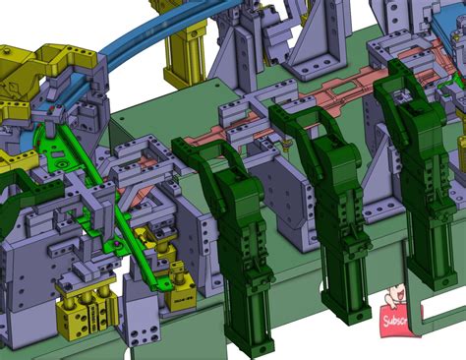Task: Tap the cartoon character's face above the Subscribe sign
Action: click(x=398, y=295)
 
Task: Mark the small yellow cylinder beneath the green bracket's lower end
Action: click(x=180, y=291)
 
